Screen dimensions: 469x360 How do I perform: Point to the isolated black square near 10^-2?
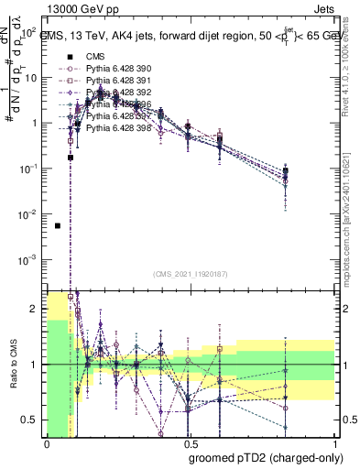(x=58, y=225)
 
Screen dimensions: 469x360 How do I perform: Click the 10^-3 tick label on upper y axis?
(x=27, y=259)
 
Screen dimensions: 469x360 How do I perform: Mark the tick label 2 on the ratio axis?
(x=36, y=310)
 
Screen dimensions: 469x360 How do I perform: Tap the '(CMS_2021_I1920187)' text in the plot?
(x=191, y=274)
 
